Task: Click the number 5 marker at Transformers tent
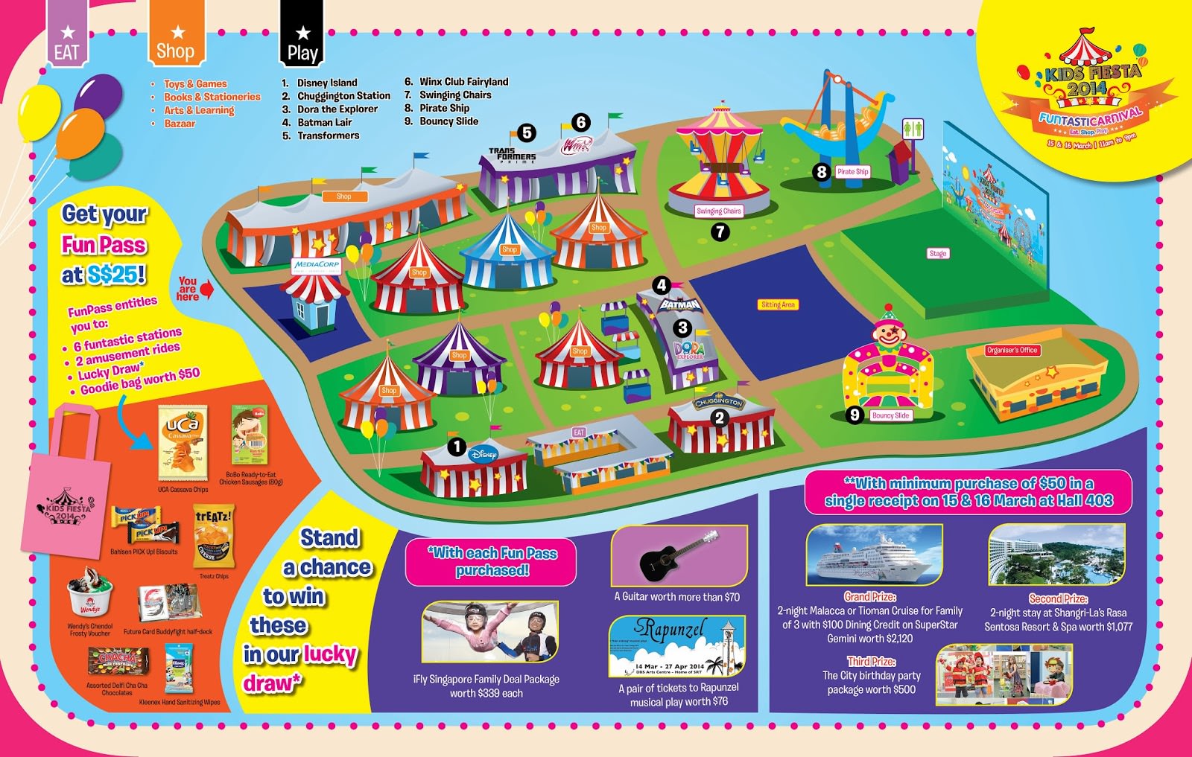(527, 133)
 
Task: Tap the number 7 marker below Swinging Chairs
(720, 231)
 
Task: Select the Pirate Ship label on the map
(852, 171)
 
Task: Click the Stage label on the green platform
(938, 253)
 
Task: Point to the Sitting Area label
(778, 304)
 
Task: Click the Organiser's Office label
(1012, 350)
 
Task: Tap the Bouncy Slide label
(890, 415)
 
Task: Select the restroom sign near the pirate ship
(913, 129)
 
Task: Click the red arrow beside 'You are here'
(207, 289)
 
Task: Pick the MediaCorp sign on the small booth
(317, 264)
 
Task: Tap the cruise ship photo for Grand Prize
(874, 556)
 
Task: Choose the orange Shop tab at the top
(176, 37)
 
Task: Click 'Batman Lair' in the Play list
(325, 122)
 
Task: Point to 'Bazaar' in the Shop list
(180, 124)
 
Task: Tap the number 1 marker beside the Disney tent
(457, 447)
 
